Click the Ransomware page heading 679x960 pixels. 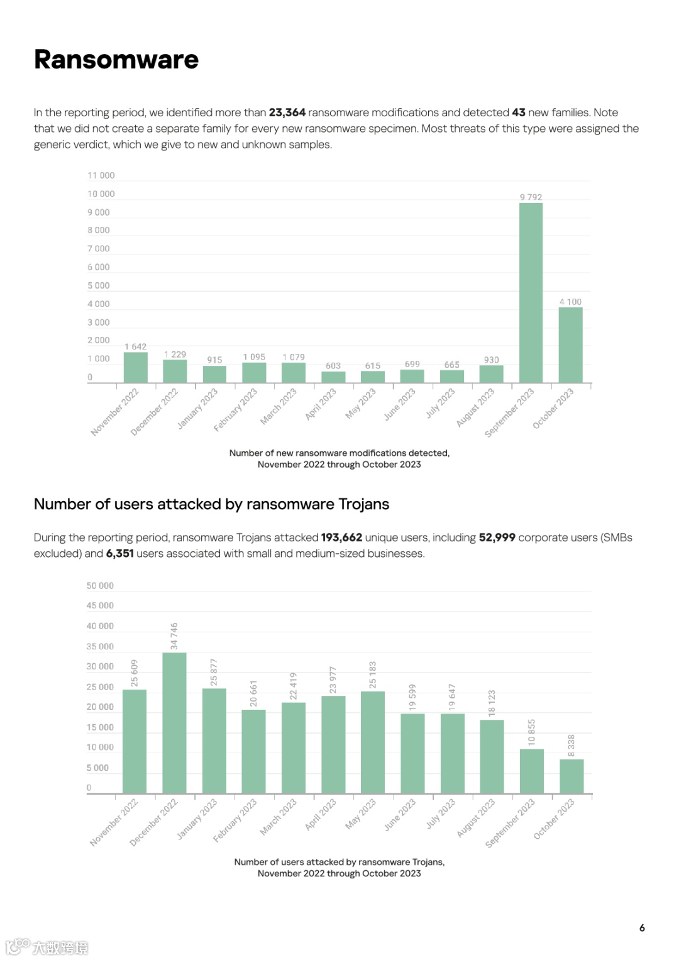[x=116, y=60]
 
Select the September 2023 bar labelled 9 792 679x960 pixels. [x=531, y=292]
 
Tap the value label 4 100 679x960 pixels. [x=570, y=302]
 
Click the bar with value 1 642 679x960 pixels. [x=135, y=367]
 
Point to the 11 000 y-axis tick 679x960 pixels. [x=101, y=175]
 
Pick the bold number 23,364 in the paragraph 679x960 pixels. [x=287, y=113]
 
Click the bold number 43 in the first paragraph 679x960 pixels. [x=519, y=113]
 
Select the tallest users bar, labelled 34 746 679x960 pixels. [x=174, y=722]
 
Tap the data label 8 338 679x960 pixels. [x=571, y=746]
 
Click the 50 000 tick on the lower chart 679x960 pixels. [x=101, y=585]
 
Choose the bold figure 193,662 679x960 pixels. [x=341, y=538]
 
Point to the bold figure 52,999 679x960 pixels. [x=497, y=538]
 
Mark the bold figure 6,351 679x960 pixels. [x=119, y=553]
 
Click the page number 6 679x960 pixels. [x=642, y=928]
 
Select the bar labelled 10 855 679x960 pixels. [x=531, y=771]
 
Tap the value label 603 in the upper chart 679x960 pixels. [x=333, y=365]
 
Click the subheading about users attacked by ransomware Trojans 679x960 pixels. [x=211, y=504]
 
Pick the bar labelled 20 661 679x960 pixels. [x=253, y=751]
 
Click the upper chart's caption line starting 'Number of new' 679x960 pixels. [x=339, y=453]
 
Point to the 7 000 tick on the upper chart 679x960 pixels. [x=99, y=248]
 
